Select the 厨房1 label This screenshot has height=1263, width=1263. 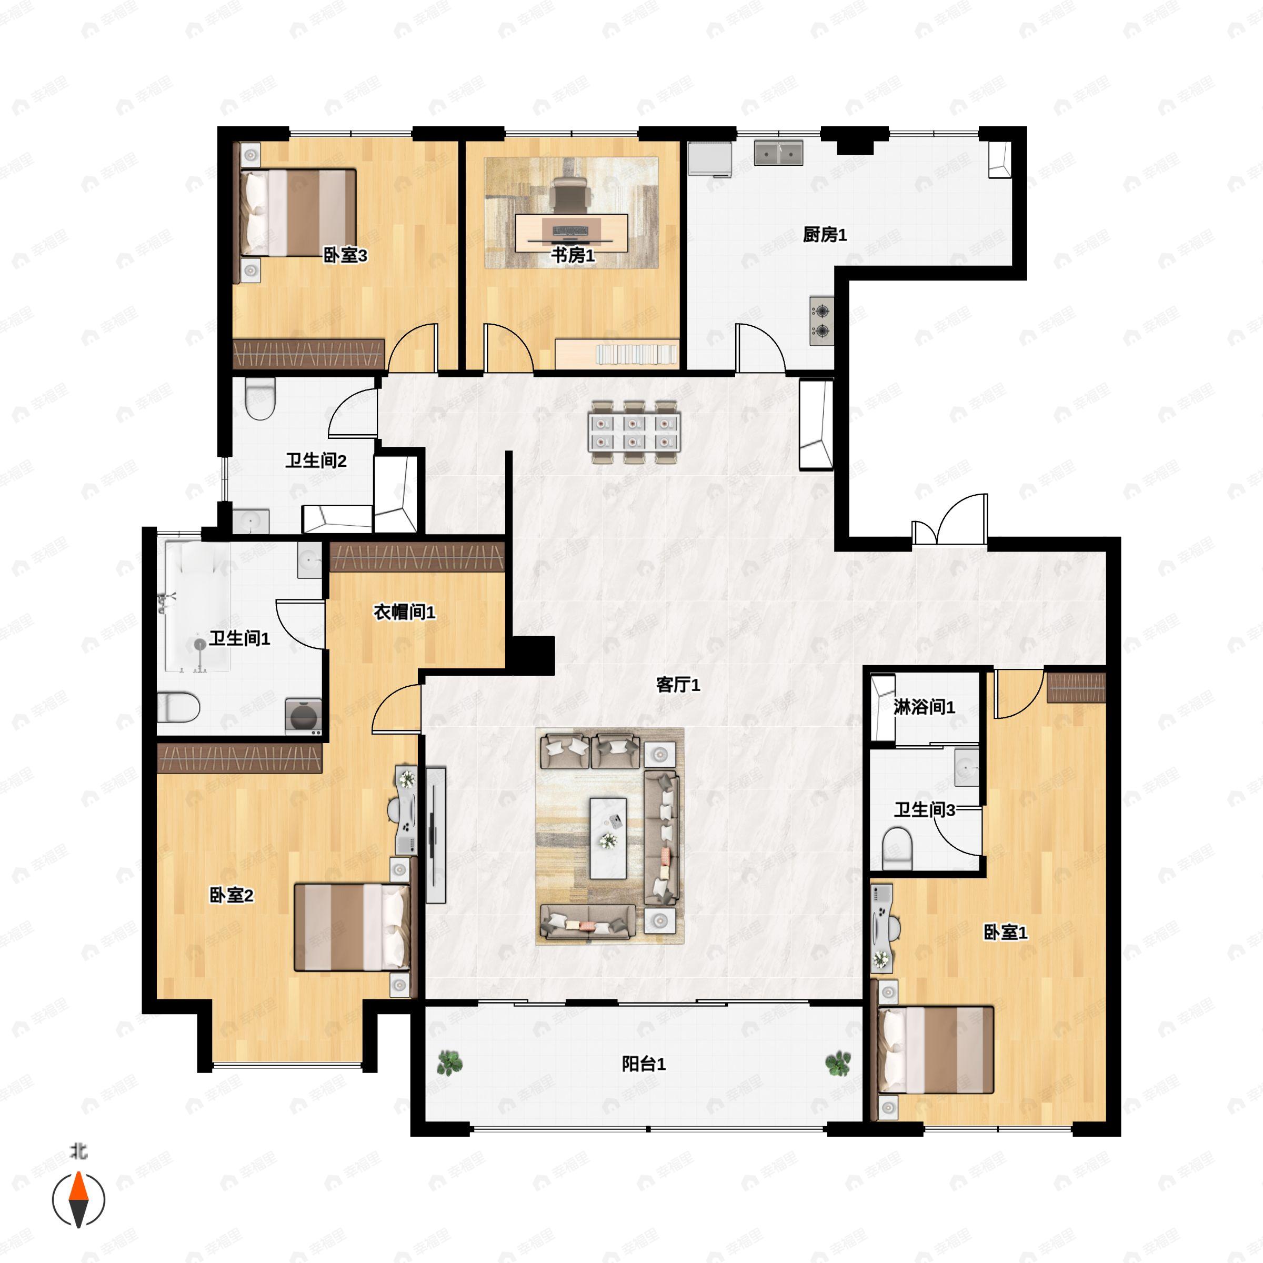825,235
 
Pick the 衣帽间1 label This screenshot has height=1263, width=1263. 404,612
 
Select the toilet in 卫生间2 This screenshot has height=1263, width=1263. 260,399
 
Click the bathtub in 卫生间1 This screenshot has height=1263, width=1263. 197,605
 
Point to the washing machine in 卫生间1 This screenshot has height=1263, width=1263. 303,716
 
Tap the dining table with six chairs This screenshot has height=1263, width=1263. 634,432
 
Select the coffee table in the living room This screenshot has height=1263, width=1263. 608,838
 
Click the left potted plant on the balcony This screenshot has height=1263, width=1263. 449,1063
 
